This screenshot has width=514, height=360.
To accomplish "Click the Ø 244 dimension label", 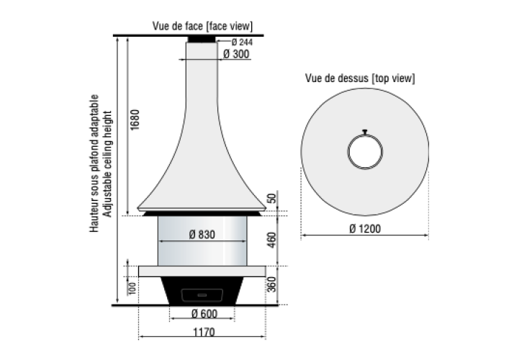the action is click(242, 42).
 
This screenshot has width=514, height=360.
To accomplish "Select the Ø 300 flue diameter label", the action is click(236, 54).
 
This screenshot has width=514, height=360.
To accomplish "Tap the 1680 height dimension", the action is click(135, 120).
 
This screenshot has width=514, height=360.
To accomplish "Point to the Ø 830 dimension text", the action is click(202, 235).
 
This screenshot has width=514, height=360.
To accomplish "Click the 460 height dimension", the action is click(272, 240).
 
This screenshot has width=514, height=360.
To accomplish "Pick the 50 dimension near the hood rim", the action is click(272, 199).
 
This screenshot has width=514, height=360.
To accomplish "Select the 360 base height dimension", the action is click(272, 284).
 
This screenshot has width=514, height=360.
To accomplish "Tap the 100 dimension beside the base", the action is click(132, 289).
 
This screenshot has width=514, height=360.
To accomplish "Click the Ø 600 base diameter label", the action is click(204, 314).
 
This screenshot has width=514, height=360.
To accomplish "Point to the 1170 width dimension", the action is click(204, 333).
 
